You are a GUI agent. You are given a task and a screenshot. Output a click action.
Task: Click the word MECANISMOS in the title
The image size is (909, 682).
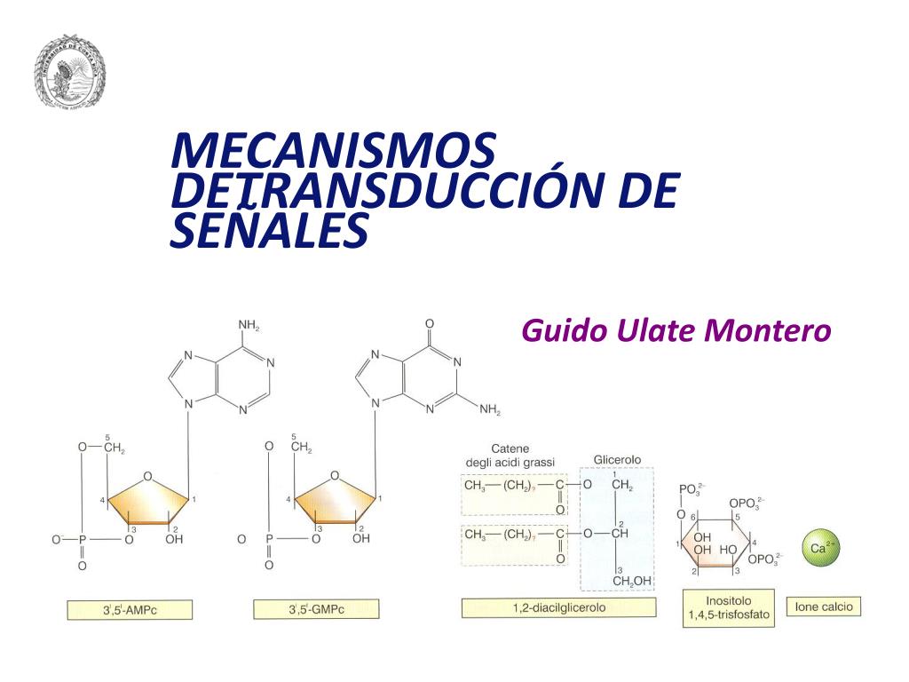click(x=333, y=151)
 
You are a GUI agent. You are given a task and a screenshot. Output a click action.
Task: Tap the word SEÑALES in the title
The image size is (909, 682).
click(x=268, y=231)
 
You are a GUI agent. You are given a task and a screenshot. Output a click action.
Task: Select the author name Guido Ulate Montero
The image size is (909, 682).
click(x=676, y=331)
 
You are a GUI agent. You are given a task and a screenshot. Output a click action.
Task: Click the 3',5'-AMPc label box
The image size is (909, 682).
click(x=130, y=610)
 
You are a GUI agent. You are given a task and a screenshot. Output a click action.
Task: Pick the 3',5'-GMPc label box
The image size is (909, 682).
click(x=316, y=609)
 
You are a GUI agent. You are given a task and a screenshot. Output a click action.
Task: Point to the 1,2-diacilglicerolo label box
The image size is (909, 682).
click(x=558, y=608)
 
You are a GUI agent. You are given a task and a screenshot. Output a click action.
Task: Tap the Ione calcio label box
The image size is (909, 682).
click(x=823, y=607)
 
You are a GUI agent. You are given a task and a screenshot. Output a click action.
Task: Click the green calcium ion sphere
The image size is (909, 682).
click(x=820, y=549)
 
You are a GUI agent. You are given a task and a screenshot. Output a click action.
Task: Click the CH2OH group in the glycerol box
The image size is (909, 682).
click(x=632, y=581)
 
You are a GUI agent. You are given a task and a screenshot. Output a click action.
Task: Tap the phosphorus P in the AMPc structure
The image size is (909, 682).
click(x=83, y=539)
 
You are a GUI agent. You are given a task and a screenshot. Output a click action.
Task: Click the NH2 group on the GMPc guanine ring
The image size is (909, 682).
click(x=490, y=410)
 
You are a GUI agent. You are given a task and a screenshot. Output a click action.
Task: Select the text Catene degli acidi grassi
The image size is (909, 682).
click(x=510, y=456)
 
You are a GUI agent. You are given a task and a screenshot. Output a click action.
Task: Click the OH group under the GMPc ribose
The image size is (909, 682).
click(x=361, y=539)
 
